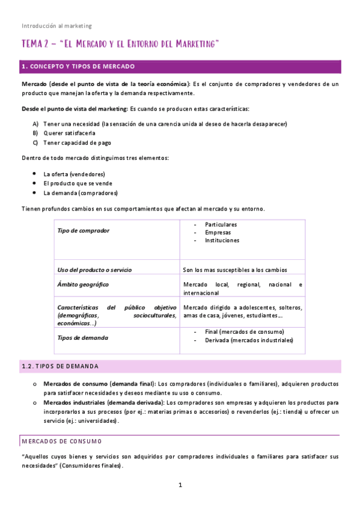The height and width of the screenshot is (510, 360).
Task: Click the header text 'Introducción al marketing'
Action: click(56, 26)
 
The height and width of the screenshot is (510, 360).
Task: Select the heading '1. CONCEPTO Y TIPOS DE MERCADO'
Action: click(78, 66)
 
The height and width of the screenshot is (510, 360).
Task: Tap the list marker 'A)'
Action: click(36, 124)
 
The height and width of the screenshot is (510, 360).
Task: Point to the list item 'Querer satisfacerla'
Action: click(69, 133)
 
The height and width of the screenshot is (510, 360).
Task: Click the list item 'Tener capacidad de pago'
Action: click(77, 143)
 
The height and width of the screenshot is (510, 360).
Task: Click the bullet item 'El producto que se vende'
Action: click(78, 183)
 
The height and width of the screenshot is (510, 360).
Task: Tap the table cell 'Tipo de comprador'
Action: click(84, 230)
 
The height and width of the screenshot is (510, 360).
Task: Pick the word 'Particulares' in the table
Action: click(221, 224)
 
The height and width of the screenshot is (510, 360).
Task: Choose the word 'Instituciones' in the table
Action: click(222, 240)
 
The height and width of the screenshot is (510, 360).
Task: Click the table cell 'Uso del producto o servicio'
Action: click(94, 269)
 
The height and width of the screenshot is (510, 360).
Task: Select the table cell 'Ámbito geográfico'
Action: click(83, 284)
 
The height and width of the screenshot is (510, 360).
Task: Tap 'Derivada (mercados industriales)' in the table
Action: click(249, 340)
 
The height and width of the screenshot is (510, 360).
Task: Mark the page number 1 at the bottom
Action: click(180, 485)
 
